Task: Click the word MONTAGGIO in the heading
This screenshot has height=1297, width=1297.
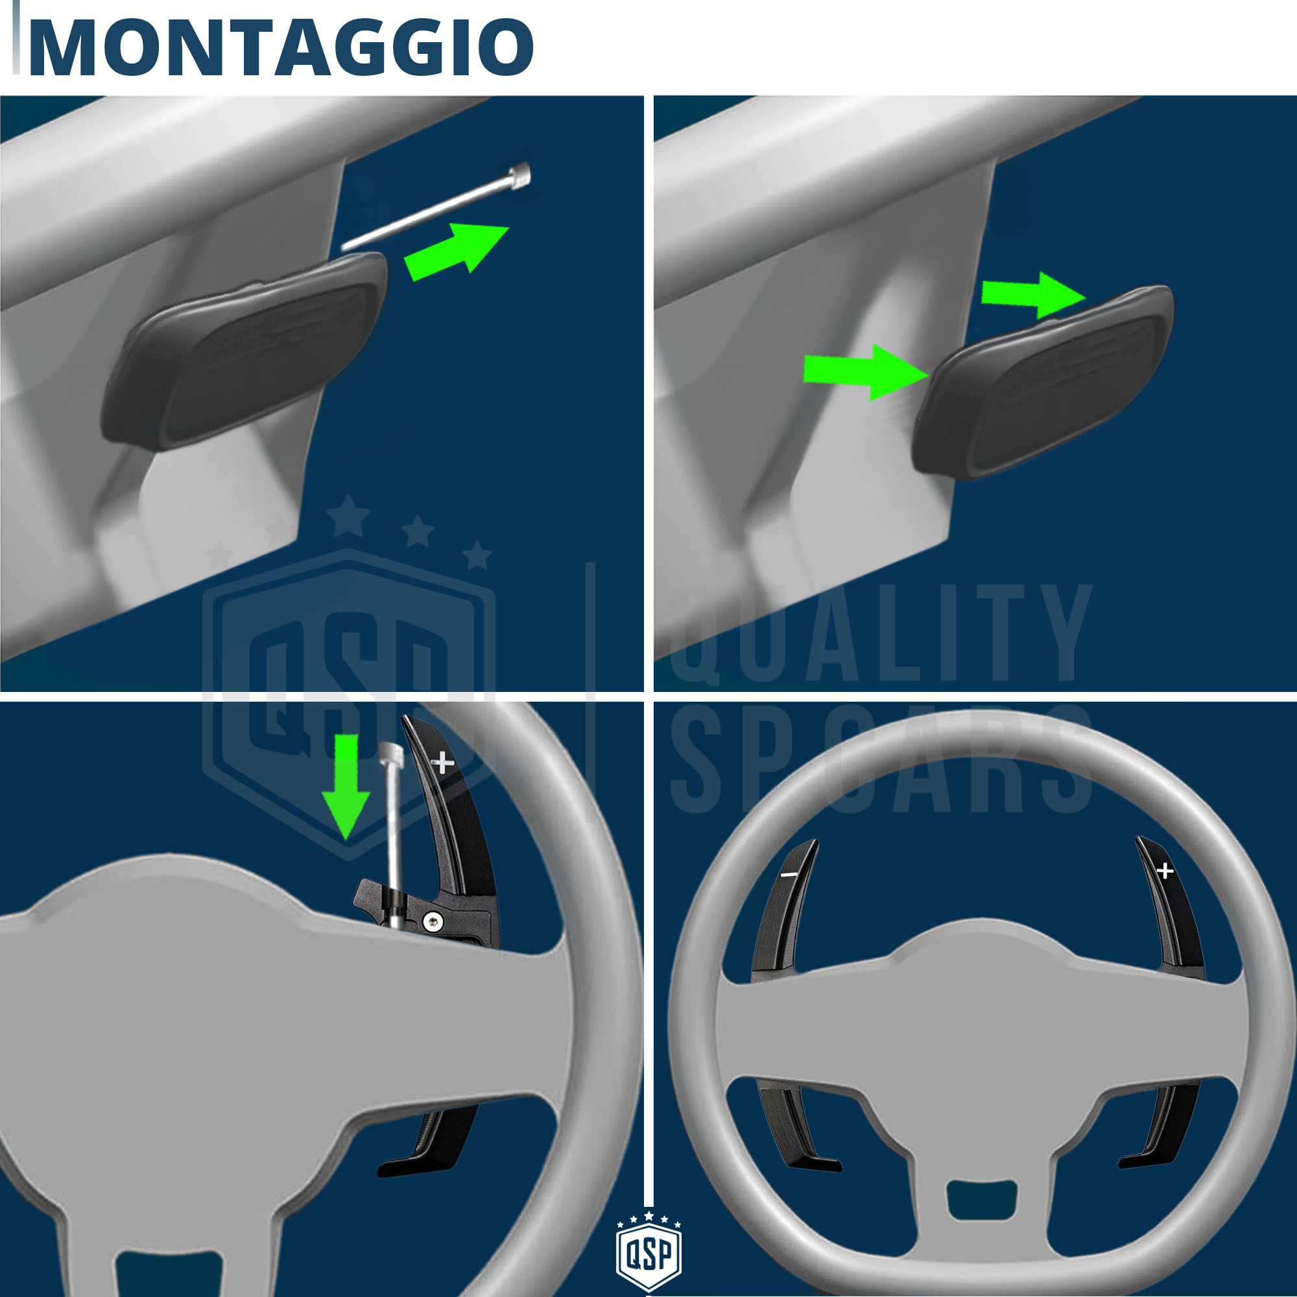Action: tap(281, 47)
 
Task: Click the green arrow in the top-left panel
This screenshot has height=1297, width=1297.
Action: tap(457, 251)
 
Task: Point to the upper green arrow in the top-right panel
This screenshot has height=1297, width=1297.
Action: tap(1033, 295)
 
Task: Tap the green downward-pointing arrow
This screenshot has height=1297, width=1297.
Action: tap(346, 786)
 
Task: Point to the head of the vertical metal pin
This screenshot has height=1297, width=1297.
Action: tap(390, 755)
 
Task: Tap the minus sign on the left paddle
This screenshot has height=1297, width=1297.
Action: tap(789, 874)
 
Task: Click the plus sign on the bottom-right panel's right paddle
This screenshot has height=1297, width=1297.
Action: tap(1165, 871)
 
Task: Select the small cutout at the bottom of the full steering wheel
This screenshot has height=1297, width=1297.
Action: tap(981, 1198)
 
